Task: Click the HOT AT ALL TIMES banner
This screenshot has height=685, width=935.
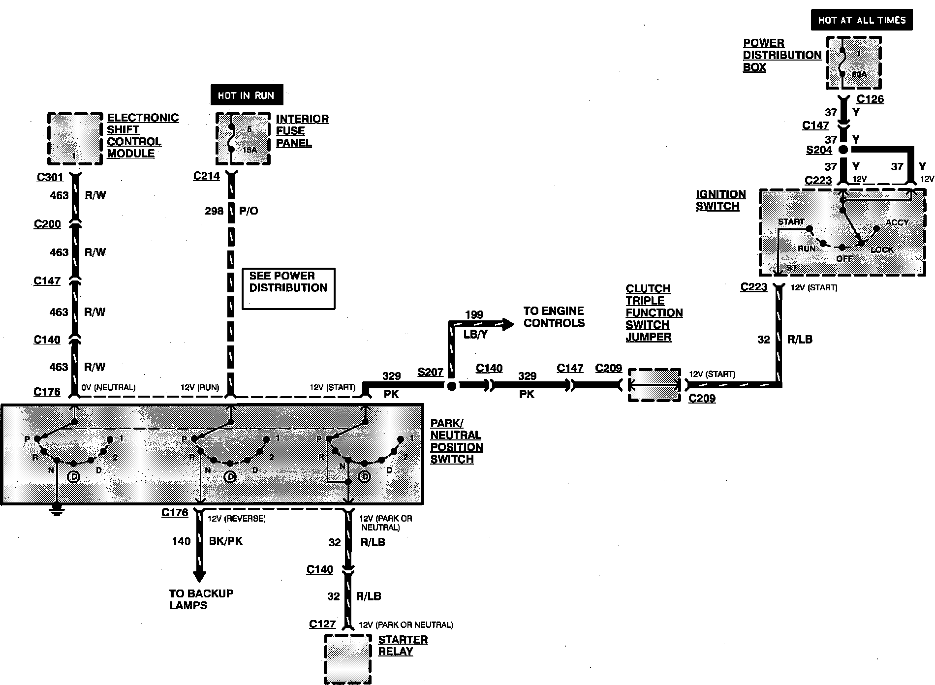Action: point(862,20)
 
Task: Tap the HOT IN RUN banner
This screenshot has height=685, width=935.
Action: point(246,95)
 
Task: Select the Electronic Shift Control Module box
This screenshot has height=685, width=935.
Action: point(75,139)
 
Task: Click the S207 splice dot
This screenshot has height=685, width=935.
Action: point(451,386)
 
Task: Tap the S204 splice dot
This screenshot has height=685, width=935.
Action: point(843,150)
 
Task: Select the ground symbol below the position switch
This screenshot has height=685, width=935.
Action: point(58,510)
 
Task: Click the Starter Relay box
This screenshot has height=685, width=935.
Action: point(347,658)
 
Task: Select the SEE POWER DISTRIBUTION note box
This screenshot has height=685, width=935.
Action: point(288,288)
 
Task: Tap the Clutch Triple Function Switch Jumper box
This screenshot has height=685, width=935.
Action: point(654,385)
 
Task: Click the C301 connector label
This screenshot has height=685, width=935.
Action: point(50,177)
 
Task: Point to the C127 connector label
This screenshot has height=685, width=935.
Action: point(322,624)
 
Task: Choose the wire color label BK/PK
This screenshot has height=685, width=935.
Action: point(226,541)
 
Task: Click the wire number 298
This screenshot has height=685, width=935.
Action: point(214,211)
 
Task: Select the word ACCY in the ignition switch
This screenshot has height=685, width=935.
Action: point(897,222)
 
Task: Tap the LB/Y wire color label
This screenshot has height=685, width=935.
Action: point(475,334)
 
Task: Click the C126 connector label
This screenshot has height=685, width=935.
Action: point(870,99)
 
